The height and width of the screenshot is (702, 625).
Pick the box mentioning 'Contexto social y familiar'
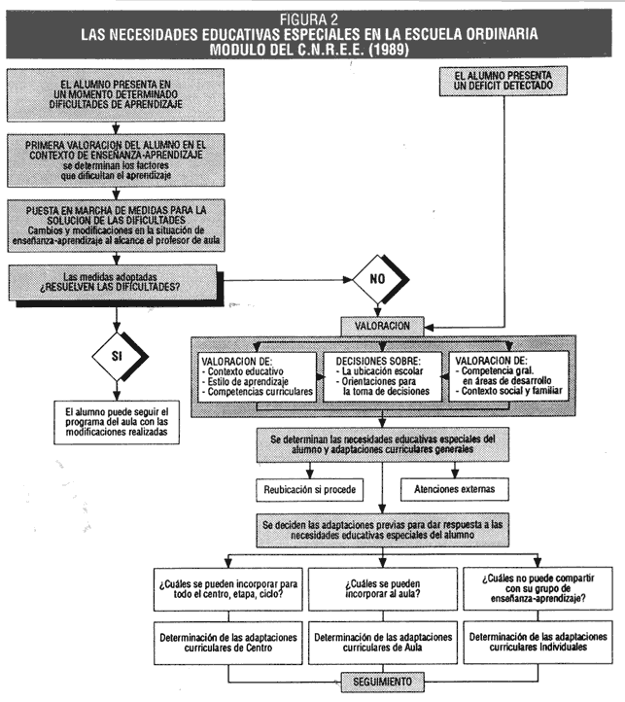click(509, 375)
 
